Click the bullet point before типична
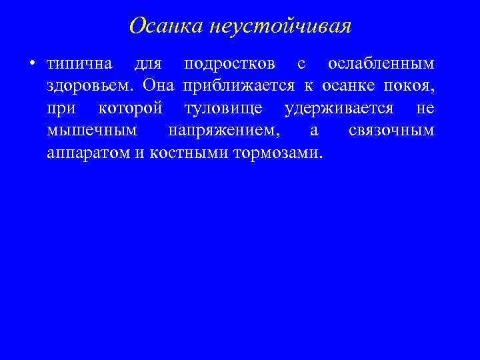[x=31, y=64]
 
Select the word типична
[x=79, y=64]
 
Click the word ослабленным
[x=381, y=64]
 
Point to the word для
[x=147, y=65]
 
